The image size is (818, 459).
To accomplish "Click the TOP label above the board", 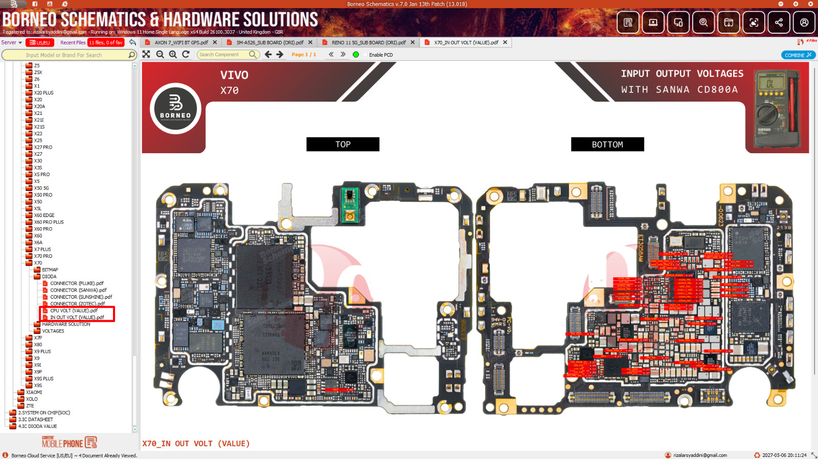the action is [x=343, y=144].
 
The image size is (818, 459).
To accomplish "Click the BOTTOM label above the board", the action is [x=607, y=144].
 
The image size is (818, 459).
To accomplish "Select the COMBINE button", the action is [x=798, y=55].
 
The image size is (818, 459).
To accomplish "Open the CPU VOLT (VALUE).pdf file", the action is [x=74, y=310].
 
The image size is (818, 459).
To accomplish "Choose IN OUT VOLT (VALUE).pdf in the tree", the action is [x=77, y=318].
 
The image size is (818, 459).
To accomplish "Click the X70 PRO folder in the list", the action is [x=43, y=256].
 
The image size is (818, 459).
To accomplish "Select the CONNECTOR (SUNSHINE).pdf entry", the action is [x=81, y=297].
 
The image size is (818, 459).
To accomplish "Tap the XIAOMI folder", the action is [x=34, y=393].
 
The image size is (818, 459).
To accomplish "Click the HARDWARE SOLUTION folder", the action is [x=66, y=324].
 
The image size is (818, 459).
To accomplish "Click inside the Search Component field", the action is [x=223, y=55].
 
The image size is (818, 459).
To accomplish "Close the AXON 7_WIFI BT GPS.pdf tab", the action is [x=215, y=42].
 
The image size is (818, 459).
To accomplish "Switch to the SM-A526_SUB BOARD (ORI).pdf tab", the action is [x=269, y=42].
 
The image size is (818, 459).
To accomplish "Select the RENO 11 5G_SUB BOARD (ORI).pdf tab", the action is [x=368, y=42].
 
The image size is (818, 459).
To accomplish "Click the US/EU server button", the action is [x=40, y=42].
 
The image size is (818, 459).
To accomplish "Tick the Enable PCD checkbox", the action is [x=365, y=55].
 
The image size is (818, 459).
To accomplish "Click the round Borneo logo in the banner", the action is [x=175, y=108].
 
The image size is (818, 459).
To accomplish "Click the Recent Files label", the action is [x=73, y=42].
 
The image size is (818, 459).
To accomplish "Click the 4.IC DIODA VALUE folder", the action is [x=37, y=426].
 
